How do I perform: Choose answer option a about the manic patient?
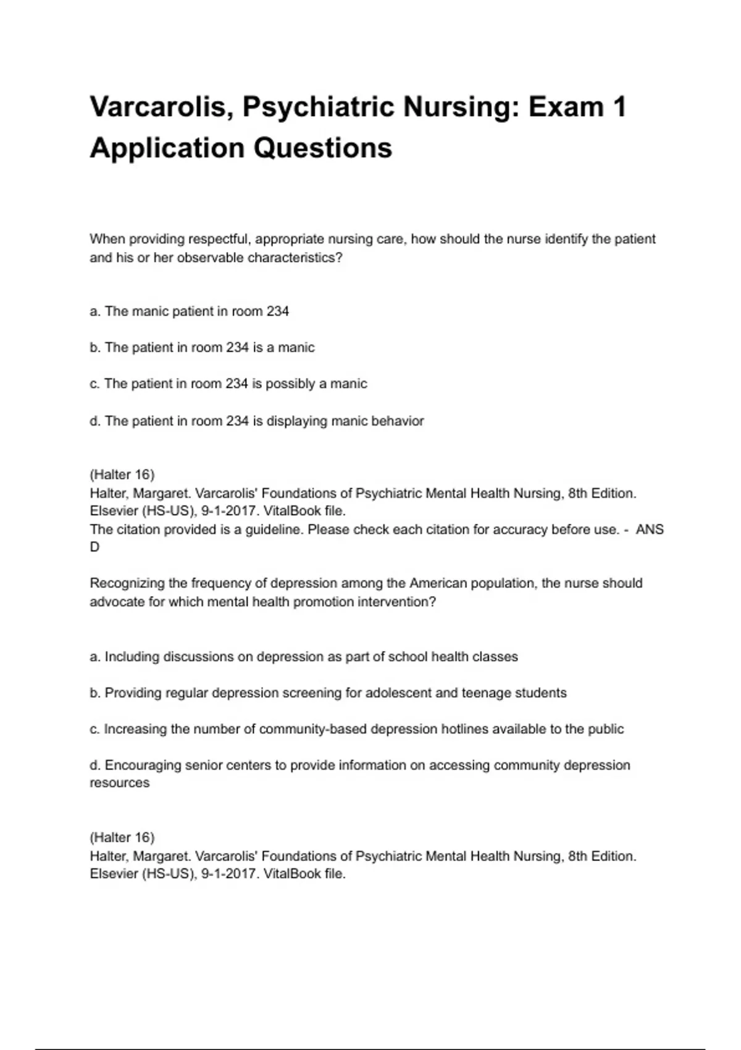(189, 311)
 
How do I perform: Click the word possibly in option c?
(290, 384)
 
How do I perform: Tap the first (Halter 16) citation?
(122, 474)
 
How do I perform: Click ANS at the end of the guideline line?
(650, 529)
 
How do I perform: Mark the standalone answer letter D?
(94, 547)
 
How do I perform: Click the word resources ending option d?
(119, 783)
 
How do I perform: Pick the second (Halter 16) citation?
(122, 838)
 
